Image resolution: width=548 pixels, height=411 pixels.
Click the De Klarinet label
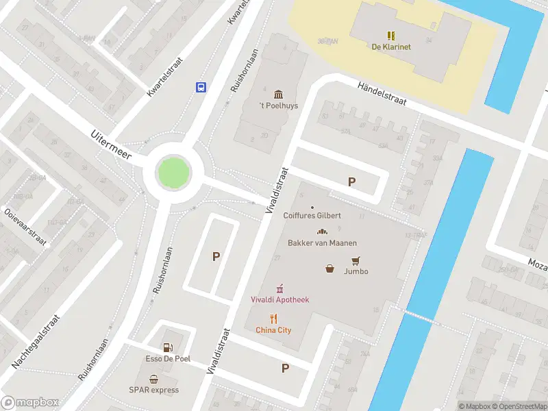click(x=391, y=47)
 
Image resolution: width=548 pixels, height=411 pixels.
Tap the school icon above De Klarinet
click(x=391, y=35)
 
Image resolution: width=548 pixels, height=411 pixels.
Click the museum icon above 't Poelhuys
click(x=278, y=94)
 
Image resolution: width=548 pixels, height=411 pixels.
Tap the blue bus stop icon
click(x=201, y=87)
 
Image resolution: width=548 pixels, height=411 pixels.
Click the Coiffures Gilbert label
click(x=312, y=215)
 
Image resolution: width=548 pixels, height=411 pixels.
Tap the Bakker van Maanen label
click(x=322, y=242)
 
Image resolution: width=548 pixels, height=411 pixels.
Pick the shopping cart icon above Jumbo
click(x=356, y=260)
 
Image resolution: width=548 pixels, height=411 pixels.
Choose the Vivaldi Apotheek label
click(x=279, y=299)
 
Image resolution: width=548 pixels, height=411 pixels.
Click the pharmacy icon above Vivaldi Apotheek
click(x=279, y=288)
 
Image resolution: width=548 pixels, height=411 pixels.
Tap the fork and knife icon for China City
click(x=274, y=318)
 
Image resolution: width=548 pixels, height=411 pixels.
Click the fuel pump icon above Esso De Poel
click(x=168, y=348)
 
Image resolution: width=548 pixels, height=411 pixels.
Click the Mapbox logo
click(x=30, y=403)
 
